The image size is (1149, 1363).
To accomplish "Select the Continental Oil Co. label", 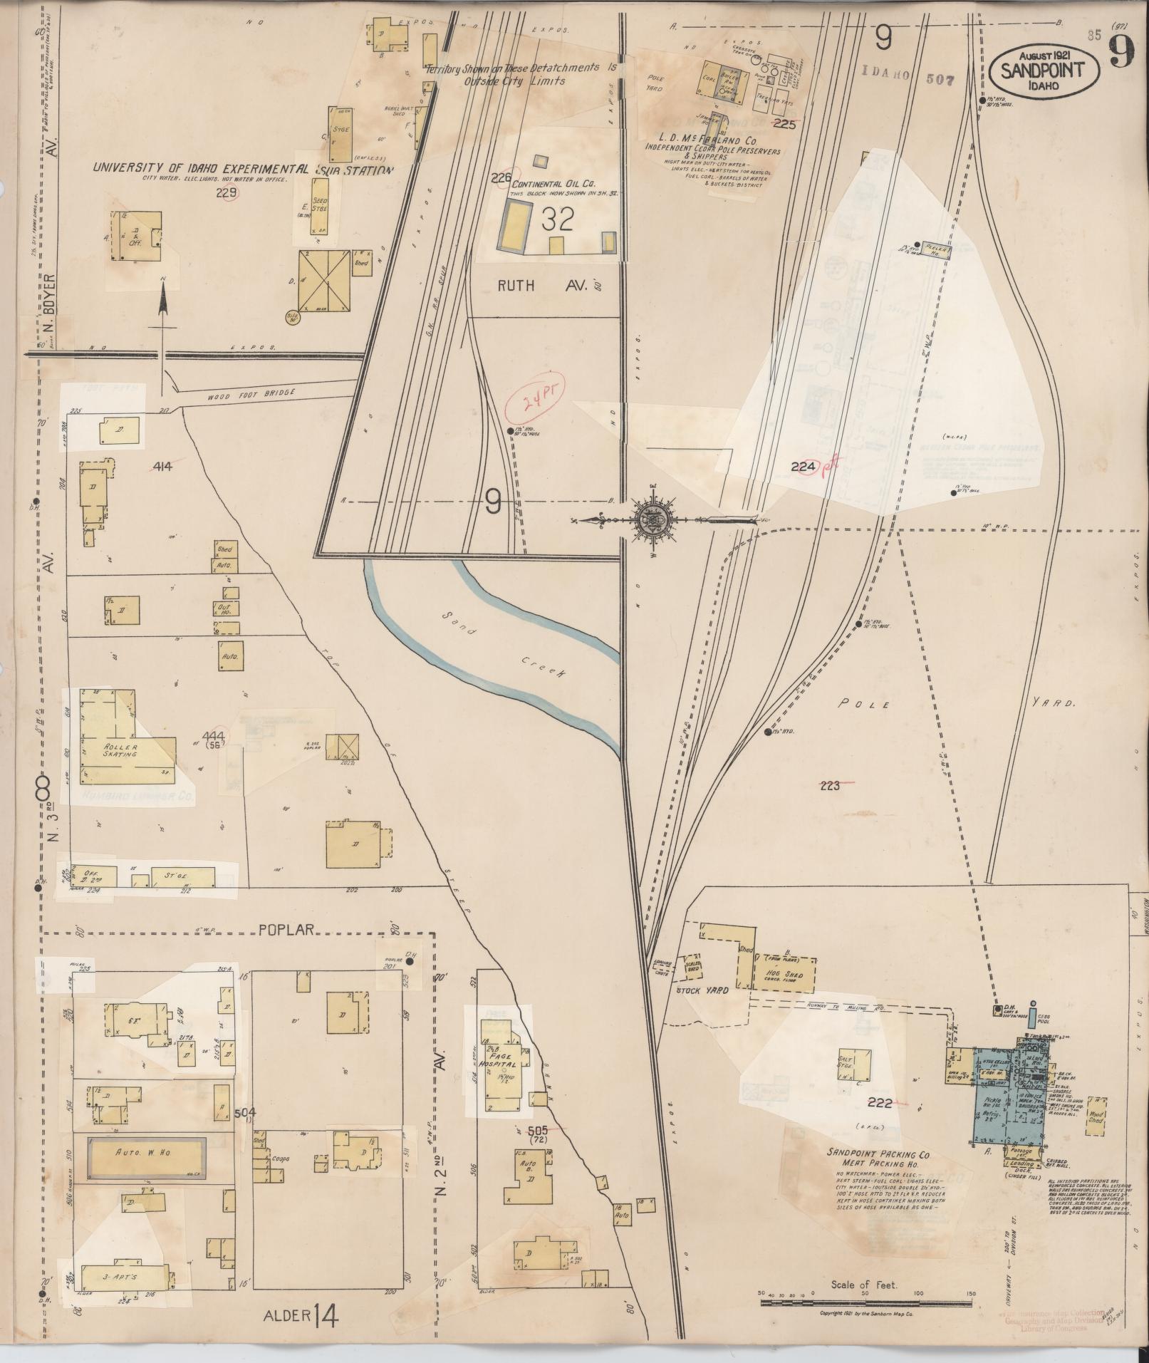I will coord(553,183).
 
